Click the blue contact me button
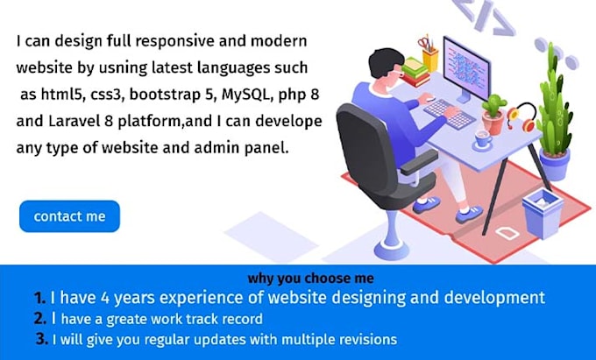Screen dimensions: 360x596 69,216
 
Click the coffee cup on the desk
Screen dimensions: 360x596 483,137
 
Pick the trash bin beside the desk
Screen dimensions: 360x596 542,213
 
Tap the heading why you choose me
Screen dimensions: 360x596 298,279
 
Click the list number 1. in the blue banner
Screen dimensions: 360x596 38,298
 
